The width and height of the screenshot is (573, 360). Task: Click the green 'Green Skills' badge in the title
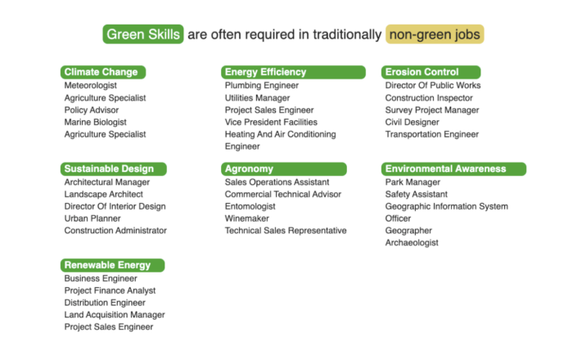[x=143, y=34]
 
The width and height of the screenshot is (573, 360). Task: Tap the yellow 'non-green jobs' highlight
[x=435, y=34]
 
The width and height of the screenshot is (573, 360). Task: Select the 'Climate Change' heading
[x=103, y=72]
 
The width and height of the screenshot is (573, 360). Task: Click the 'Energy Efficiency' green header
[x=293, y=72]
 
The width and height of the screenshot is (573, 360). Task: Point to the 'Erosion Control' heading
[x=431, y=72]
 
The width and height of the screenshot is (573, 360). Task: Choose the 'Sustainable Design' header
[x=114, y=169]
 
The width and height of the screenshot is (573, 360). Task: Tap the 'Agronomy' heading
[x=283, y=169]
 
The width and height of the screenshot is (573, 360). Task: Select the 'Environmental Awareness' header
[x=453, y=169]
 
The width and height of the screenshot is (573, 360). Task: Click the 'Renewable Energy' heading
[x=113, y=265]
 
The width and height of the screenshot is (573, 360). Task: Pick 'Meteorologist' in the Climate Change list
[x=91, y=85]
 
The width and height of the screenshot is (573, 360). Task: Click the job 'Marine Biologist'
[x=96, y=122]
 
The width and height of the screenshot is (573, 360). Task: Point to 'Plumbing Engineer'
[x=262, y=85]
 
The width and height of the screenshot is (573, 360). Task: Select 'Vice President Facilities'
[x=271, y=122]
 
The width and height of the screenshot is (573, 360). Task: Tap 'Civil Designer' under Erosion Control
[x=413, y=122]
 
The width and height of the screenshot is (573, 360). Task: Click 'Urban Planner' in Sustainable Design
[x=92, y=218]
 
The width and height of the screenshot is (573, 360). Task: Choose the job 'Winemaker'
[x=247, y=218]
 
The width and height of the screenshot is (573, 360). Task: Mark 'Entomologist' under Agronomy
[x=250, y=206]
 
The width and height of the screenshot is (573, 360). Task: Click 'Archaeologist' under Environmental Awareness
[x=412, y=242]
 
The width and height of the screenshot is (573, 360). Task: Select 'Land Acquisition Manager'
[x=115, y=315]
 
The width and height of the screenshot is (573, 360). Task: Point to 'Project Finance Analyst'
[x=110, y=290]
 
